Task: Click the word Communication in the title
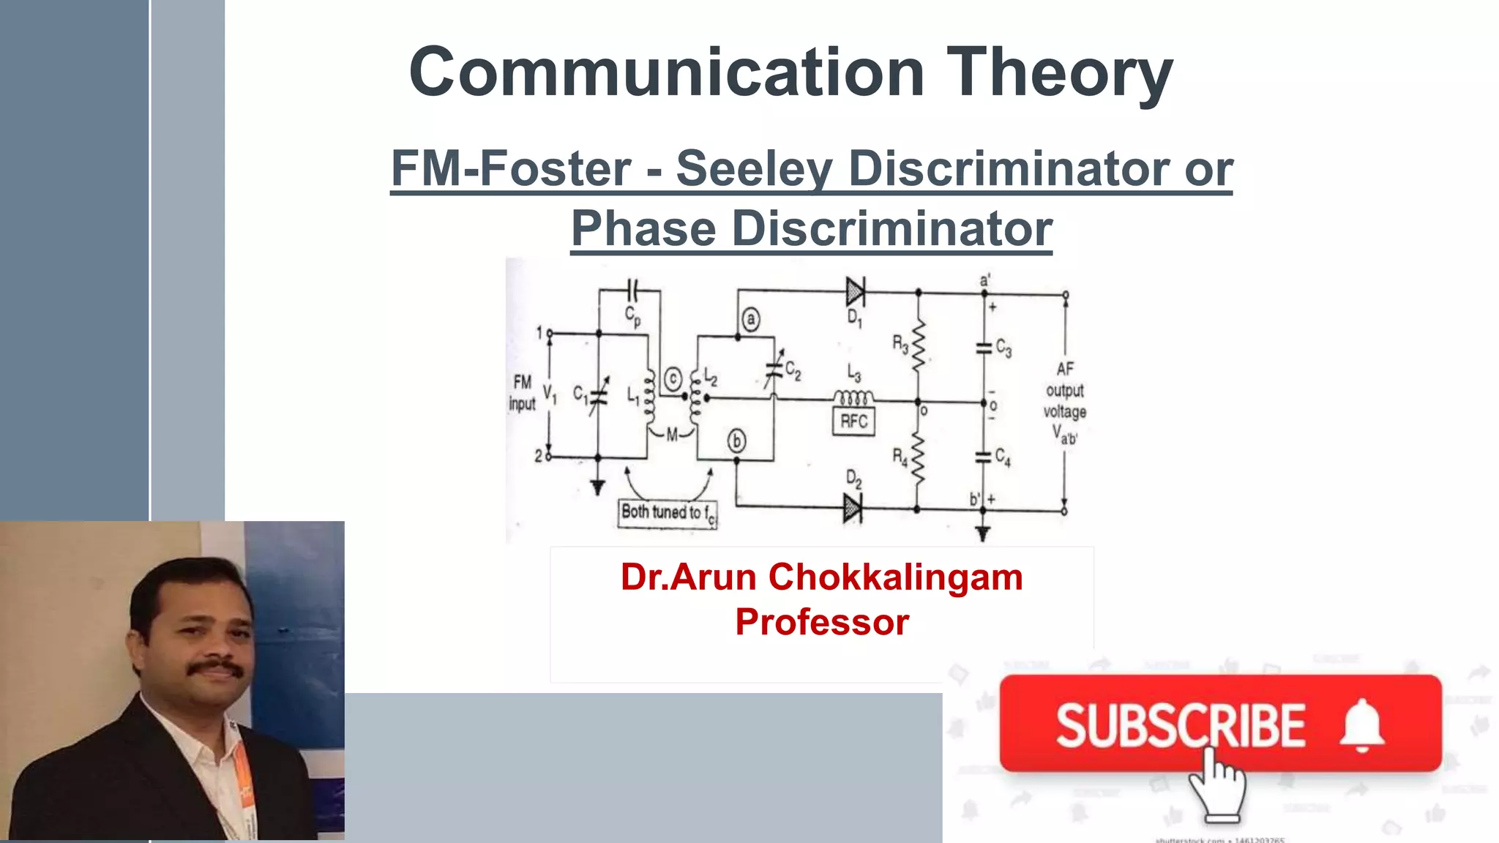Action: (x=666, y=72)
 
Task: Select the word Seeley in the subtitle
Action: (x=753, y=168)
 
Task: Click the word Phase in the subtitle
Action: (x=643, y=228)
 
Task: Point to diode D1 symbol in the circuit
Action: (x=855, y=292)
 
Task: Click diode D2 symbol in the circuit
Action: (x=852, y=507)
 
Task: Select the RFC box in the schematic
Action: (x=853, y=421)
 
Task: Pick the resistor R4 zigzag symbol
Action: (x=918, y=458)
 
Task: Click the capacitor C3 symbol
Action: (x=984, y=348)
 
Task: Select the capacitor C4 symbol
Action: (x=984, y=457)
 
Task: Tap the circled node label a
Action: (x=750, y=320)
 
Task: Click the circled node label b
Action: (x=736, y=441)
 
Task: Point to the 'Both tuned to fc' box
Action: (x=668, y=512)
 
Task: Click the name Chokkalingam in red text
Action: (x=895, y=577)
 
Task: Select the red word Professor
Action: (x=822, y=622)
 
